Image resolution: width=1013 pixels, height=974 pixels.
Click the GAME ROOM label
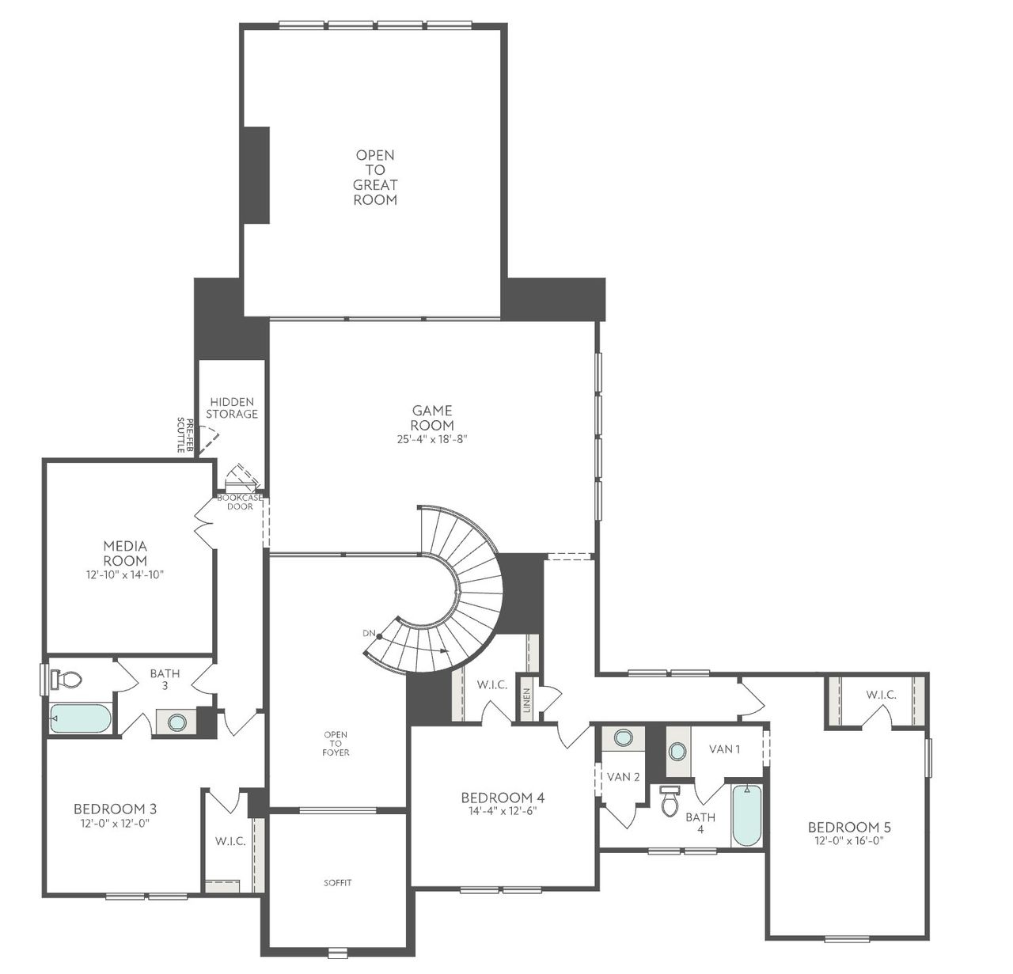pyautogui.click(x=432, y=418)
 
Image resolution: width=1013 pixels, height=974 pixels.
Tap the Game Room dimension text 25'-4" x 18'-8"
pyautogui.click(x=432, y=439)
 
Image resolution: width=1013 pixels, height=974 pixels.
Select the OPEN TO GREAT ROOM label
pyautogui.click(x=375, y=177)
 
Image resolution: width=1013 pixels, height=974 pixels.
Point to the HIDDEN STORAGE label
pyautogui.click(x=232, y=407)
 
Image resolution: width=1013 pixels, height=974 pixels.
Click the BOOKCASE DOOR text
pyautogui.click(x=240, y=502)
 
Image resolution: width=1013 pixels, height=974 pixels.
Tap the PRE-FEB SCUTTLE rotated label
pyautogui.click(x=184, y=434)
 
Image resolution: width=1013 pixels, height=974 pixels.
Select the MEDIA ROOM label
pyautogui.click(x=125, y=553)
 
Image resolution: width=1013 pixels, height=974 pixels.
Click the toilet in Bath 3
pyautogui.click(x=67, y=679)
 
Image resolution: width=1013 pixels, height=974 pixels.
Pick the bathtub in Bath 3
pyautogui.click(x=80, y=718)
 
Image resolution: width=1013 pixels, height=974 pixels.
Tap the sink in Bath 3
pyautogui.click(x=176, y=722)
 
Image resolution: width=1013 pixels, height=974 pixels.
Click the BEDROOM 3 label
pyautogui.click(x=115, y=809)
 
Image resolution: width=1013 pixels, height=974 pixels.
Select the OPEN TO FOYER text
pyautogui.click(x=336, y=744)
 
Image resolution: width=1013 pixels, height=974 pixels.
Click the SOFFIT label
pyautogui.click(x=337, y=882)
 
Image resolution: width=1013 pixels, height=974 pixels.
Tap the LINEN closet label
pyautogui.click(x=526, y=699)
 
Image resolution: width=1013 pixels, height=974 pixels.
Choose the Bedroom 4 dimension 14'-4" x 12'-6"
pyautogui.click(x=503, y=810)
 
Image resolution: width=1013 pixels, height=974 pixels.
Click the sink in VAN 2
pyautogui.click(x=624, y=738)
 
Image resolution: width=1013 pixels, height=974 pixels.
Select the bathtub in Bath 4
pyautogui.click(x=746, y=815)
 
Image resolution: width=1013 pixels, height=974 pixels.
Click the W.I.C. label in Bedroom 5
pyautogui.click(x=881, y=695)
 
